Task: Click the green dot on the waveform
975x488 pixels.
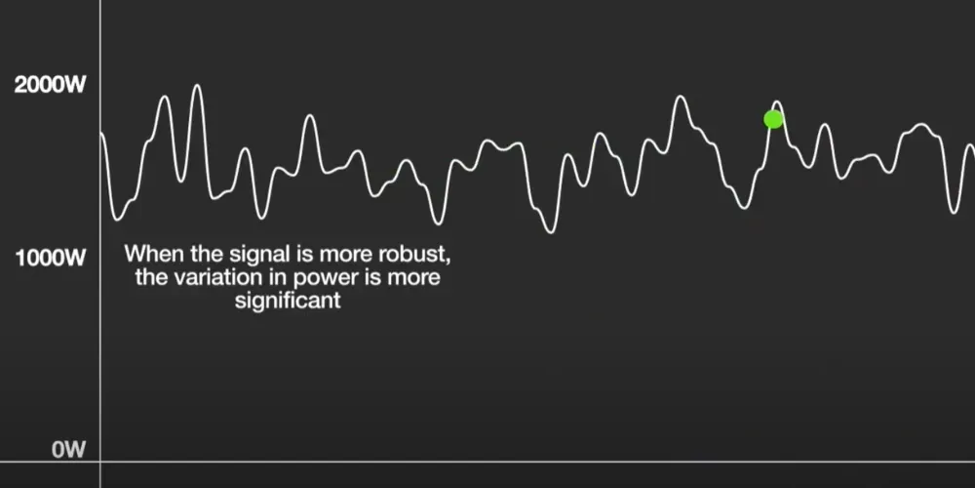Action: pos(773,119)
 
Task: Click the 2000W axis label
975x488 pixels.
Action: pos(51,85)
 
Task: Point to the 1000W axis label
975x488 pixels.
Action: pos(51,259)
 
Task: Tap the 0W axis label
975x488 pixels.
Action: pos(69,450)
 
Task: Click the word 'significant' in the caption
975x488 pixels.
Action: pos(288,301)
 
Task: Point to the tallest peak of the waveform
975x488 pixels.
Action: pos(197,86)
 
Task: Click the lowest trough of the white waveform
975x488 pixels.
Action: pos(551,231)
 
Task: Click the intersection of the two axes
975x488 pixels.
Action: pos(101,462)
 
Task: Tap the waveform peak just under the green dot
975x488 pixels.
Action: pos(777,102)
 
